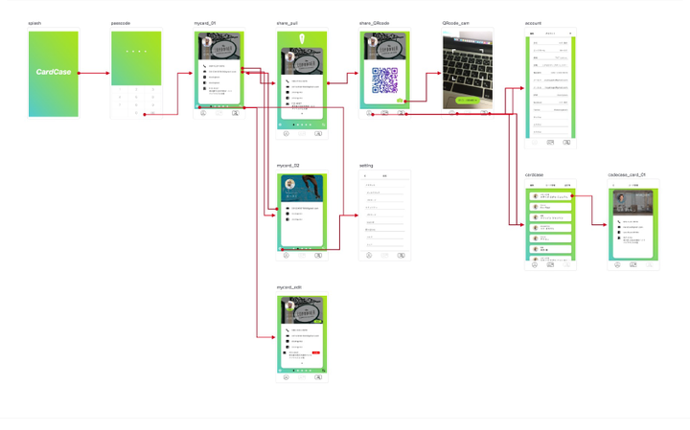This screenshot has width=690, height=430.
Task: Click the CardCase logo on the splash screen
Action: pos(55,73)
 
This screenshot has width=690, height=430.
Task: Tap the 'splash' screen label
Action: pos(34,21)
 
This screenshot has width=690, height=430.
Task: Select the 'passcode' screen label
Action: pos(120,21)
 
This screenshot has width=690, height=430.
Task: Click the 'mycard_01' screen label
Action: pos(206,21)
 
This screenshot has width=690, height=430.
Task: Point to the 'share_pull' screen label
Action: pos(289,21)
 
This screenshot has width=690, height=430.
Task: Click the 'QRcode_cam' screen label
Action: pos(456,21)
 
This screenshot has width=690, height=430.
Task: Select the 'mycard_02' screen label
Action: pos(288,166)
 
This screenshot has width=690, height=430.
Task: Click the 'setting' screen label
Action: pos(366,166)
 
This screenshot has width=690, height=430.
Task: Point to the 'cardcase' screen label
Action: pos(534,175)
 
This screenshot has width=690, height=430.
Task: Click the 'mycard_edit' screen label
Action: pos(289,287)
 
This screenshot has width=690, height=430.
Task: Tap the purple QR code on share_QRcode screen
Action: pos(385,80)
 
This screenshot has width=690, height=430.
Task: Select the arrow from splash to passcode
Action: pos(94,73)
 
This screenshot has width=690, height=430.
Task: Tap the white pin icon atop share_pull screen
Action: pos(303,39)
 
